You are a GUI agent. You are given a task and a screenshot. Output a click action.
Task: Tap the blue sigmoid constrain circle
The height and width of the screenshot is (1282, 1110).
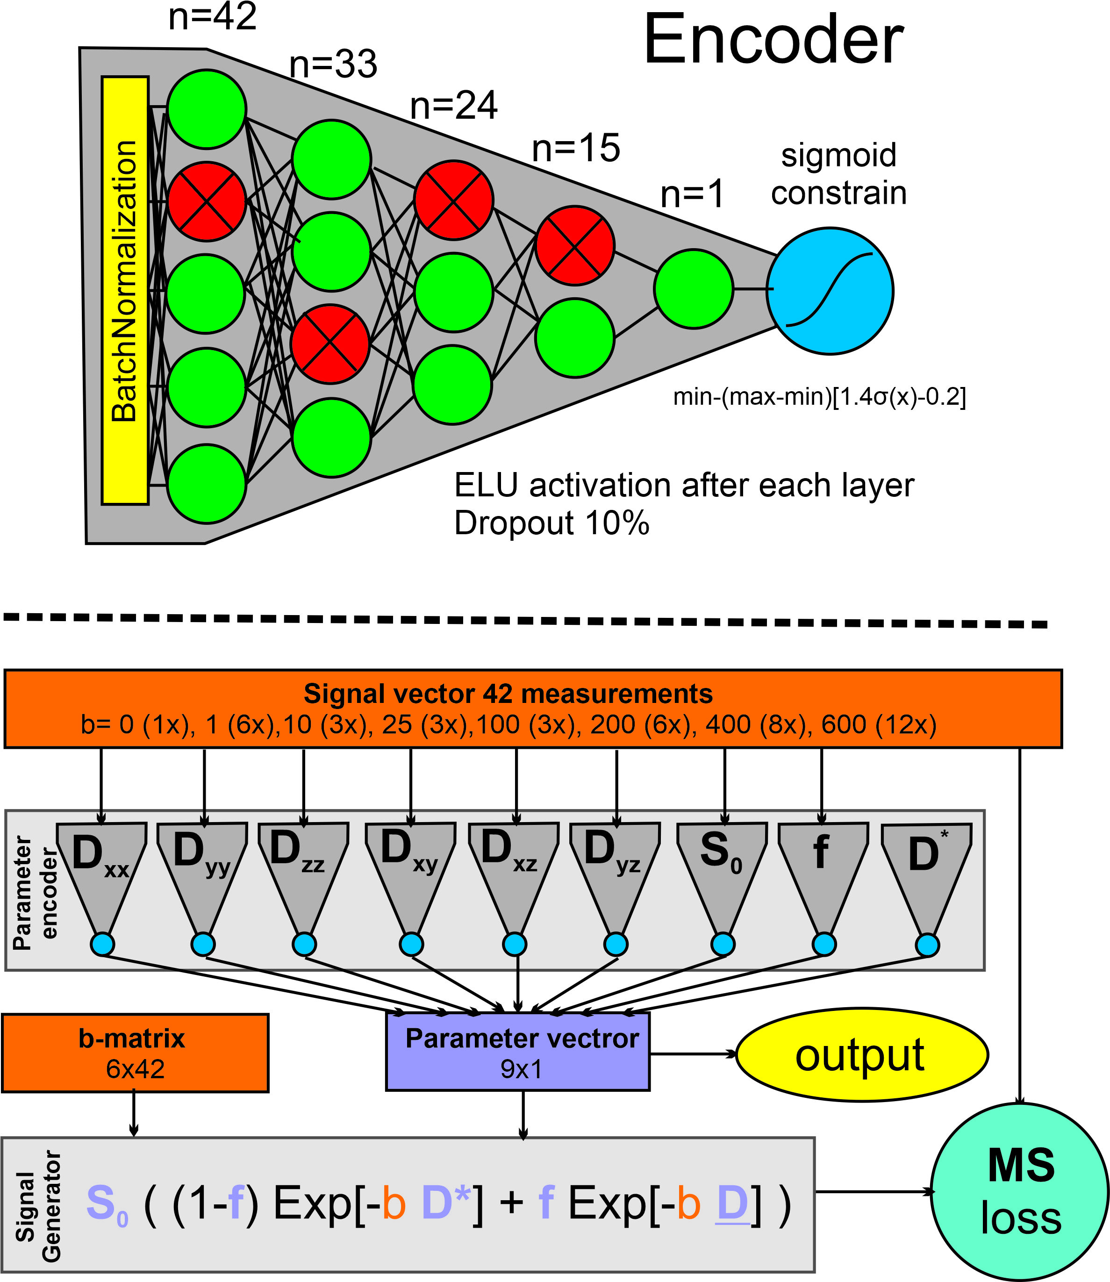(x=830, y=291)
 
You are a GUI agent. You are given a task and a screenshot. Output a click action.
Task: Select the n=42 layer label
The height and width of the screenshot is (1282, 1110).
(x=213, y=17)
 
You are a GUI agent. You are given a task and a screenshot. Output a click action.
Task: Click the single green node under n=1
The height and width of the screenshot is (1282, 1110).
(x=693, y=289)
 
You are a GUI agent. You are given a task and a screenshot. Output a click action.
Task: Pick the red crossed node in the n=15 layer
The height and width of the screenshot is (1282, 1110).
(x=575, y=246)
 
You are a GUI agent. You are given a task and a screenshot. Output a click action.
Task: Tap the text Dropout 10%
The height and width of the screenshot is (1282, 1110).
(x=551, y=523)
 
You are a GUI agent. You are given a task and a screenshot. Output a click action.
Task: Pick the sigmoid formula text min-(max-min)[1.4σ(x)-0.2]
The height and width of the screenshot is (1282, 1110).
(x=819, y=397)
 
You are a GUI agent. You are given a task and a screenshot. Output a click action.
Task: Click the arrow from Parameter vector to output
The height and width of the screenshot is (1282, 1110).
(x=693, y=1053)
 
